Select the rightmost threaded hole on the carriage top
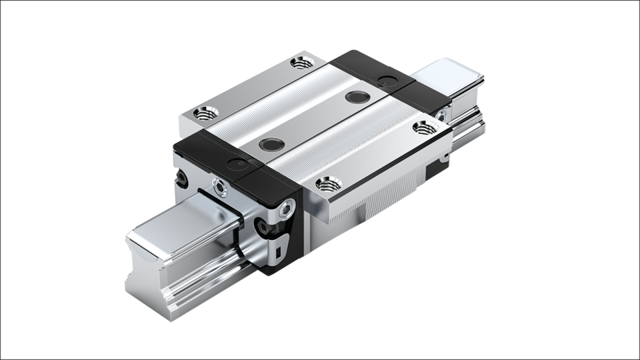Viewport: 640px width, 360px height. point(419,126)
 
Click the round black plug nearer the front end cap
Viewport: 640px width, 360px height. point(271,145)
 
